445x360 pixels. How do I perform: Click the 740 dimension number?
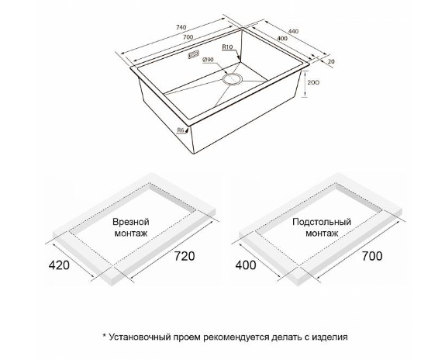(x=181, y=27)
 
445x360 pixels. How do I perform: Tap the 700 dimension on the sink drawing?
(x=188, y=37)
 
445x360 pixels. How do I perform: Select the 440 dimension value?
(x=293, y=31)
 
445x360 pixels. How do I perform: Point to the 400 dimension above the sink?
(x=281, y=38)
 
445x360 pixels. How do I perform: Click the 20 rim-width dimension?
(x=331, y=61)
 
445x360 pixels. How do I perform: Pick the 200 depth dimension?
(x=313, y=82)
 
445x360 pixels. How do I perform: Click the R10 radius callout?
(x=227, y=47)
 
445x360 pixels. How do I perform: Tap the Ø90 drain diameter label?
(x=208, y=60)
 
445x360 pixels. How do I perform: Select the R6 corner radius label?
(x=181, y=130)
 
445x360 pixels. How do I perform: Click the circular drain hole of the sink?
(x=232, y=78)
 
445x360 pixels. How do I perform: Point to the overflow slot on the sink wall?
(x=194, y=55)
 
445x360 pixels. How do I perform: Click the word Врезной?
(x=131, y=222)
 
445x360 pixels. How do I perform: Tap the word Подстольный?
(x=322, y=222)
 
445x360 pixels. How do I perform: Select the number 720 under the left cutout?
(x=185, y=256)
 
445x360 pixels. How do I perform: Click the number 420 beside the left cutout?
(x=59, y=265)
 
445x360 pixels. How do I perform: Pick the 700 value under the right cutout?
(x=372, y=256)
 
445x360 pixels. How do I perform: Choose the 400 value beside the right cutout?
(x=246, y=265)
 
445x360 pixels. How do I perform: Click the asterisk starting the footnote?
(x=104, y=336)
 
